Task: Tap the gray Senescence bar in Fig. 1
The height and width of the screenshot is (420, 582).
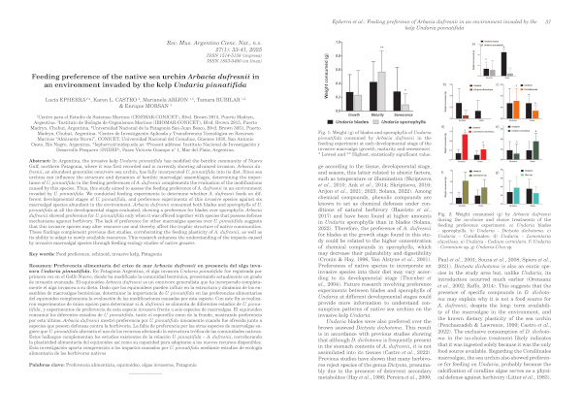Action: point(405,107)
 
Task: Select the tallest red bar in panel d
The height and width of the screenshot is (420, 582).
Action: point(465,143)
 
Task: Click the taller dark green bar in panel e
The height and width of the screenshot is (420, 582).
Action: point(535,150)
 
